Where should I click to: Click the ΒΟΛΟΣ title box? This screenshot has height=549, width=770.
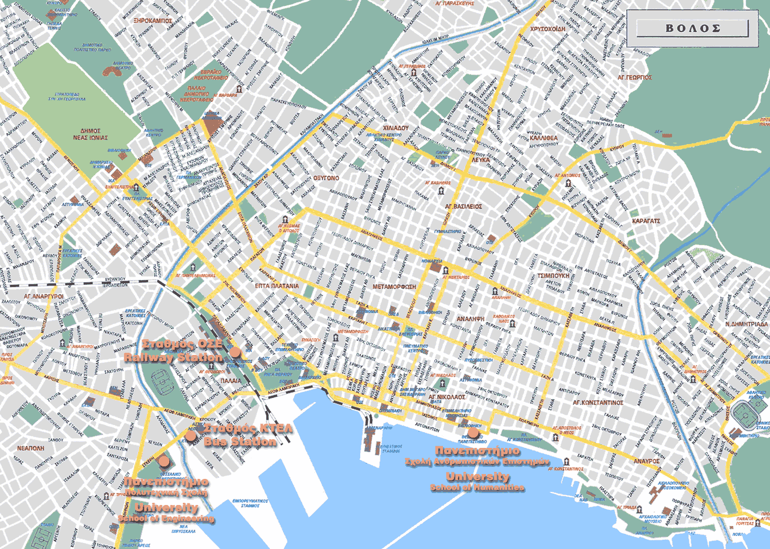click(x=693, y=28)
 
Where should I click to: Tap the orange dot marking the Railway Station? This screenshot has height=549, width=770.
click(x=235, y=352)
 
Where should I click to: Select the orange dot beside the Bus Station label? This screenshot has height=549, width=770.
click(x=190, y=435)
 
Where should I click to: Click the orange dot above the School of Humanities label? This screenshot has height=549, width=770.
click(x=473, y=433)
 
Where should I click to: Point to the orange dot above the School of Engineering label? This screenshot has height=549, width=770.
click(x=164, y=462)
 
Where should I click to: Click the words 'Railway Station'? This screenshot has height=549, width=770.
click(x=173, y=358)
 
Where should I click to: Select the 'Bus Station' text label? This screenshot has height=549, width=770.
click(x=240, y=441)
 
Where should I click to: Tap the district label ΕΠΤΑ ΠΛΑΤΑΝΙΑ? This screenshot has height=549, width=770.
click(x=277, y=286)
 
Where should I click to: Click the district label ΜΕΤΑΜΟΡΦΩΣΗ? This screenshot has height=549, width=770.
click(x=394, y=286)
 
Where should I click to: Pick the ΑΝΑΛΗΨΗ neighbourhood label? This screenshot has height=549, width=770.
click(x=470, y=319)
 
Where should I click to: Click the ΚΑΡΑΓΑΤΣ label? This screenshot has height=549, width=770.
click(x=646, y=221)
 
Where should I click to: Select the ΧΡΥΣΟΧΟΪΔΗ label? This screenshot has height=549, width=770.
click(x=547, y=29)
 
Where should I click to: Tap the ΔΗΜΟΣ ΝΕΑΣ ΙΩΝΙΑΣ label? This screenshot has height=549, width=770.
click(x=90, y=134)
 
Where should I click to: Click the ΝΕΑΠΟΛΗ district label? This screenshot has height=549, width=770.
click(x=30, y=448)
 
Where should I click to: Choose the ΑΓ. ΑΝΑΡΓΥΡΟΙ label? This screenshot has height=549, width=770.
click(x=44, y=296)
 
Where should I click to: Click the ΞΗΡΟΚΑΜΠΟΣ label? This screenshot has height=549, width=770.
click(x=152, y=21)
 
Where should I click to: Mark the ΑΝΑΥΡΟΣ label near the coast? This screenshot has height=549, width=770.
click(x=646, y=461)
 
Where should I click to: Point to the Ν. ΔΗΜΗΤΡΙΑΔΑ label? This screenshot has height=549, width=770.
click(x=747, y=324)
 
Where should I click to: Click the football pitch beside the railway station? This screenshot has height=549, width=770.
click(x=162, y=383)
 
